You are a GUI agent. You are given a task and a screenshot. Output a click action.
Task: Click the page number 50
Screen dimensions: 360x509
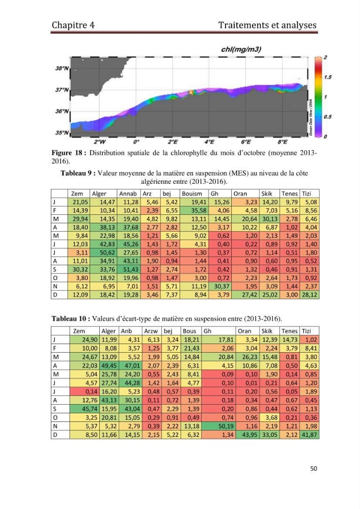[314, 468]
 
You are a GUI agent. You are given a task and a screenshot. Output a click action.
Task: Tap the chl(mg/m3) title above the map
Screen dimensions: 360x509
[241, 49]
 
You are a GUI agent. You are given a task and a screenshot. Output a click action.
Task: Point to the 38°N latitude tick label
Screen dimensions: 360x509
[62, 69]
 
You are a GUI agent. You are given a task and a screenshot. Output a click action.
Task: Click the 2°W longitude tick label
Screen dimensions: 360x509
[100, 142]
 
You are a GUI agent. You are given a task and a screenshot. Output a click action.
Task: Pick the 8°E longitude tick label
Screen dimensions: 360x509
[283, 142]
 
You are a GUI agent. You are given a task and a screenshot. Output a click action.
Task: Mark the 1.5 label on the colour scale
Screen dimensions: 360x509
[327, 77]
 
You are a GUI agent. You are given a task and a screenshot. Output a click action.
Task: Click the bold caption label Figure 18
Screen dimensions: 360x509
[69, 153]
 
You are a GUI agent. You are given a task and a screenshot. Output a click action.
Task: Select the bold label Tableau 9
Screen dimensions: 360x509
[78, 174]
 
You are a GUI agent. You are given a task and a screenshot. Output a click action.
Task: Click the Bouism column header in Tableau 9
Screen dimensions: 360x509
[192, 193]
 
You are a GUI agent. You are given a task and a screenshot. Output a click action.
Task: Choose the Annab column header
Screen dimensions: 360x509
[128, 193]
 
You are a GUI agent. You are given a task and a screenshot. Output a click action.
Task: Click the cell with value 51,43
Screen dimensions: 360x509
[129, 269]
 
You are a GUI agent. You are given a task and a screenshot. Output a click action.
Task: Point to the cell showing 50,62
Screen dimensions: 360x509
[103, 252]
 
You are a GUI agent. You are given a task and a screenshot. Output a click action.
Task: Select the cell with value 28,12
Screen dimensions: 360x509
[310, 295]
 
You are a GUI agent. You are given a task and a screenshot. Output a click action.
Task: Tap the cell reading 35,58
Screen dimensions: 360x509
[194, 210]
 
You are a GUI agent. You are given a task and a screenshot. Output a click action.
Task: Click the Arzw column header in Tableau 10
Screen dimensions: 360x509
[151, 331]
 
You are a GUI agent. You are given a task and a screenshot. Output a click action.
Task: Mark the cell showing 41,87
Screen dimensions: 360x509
[310, 435]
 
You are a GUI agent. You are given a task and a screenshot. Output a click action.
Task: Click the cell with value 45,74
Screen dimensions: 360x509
[85, 409]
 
